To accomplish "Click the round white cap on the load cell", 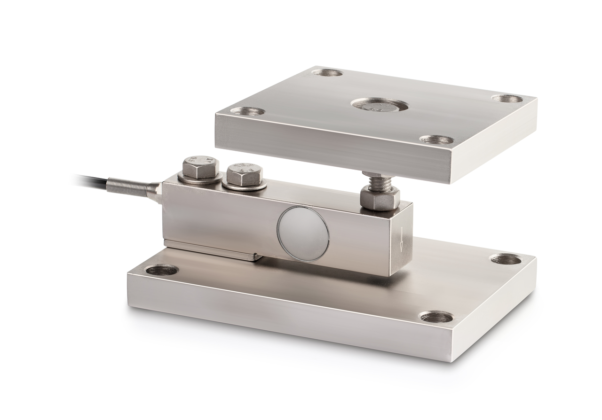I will tap(303, 233).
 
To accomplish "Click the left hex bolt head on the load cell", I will tap(200, 167).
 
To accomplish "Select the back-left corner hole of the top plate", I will tap(327, 73).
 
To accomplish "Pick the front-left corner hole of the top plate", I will tap(247, 111).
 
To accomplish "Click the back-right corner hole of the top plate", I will tap(507, 99).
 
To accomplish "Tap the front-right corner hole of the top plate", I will tap(436, 140).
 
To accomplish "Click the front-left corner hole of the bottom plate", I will tap(162, 270).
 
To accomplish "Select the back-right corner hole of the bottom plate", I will tap(506, 259).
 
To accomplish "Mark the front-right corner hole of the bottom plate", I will tap(436, 317).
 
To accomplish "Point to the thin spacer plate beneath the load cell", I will tap(212, 250).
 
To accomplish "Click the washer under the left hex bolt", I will tap(200, 179).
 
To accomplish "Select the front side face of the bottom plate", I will tap(282, 319).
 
